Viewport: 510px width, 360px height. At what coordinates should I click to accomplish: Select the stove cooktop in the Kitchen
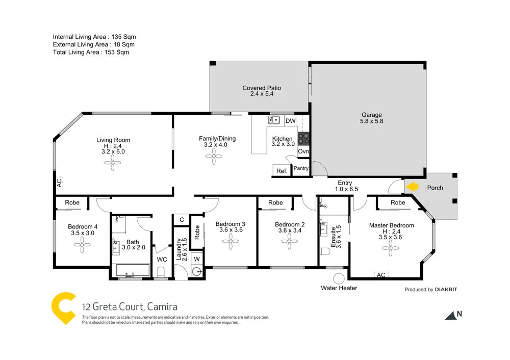303,138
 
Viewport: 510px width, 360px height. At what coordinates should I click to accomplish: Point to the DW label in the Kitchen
290,121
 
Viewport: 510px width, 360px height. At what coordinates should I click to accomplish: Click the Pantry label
301,168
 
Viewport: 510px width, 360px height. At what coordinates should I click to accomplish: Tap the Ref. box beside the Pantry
282,171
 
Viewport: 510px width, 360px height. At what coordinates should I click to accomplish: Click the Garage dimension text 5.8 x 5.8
371,121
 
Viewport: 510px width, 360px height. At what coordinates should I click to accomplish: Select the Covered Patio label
262,88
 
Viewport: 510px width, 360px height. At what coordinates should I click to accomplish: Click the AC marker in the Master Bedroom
380,275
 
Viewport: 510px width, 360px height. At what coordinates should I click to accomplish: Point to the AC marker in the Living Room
58,182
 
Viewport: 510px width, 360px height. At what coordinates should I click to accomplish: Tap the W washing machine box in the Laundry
196,259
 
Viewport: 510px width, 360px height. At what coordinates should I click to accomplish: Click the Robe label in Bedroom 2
275,202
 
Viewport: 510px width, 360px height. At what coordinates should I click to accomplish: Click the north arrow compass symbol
452,316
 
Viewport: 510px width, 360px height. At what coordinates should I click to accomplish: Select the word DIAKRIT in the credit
446,290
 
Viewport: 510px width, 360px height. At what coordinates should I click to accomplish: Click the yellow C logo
64,307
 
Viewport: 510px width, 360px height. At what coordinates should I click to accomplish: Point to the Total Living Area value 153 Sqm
116,52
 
